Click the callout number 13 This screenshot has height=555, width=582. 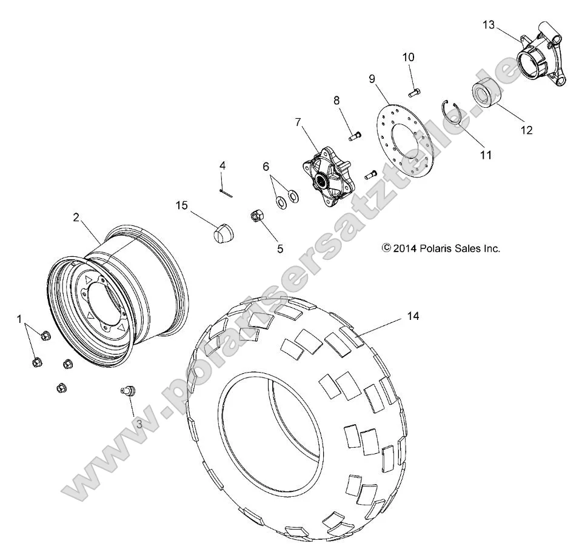coord(489,25)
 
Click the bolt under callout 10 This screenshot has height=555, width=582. coord(415,93)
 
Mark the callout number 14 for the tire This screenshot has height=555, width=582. coord(413,316)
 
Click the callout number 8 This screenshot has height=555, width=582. coord(337,101)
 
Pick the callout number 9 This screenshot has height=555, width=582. coord(372,78)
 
